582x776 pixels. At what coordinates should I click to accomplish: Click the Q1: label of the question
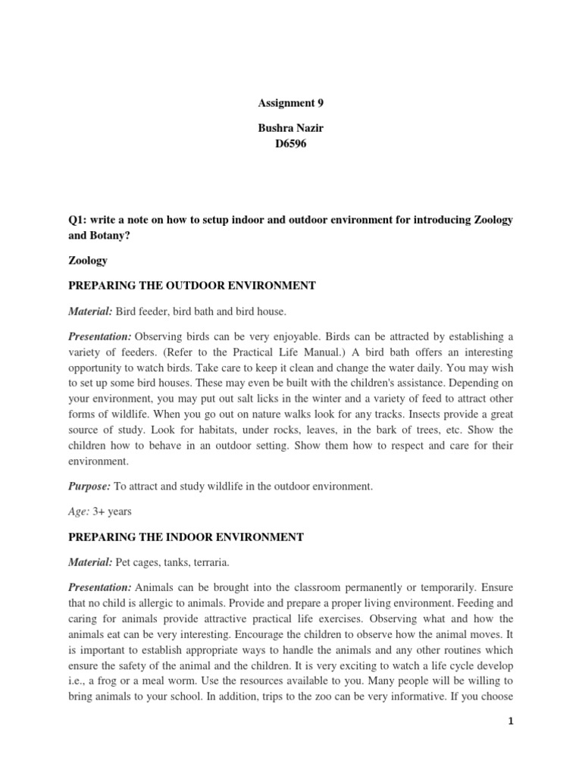point(78,220)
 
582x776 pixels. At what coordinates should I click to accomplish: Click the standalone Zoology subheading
point(88,261)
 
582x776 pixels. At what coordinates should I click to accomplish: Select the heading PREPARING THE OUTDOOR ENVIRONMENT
point(192,286)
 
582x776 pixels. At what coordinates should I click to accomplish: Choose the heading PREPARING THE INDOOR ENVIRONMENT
point(186,537)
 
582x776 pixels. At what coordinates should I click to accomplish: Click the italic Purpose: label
point(89,487)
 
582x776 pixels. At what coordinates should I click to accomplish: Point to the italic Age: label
point(78,512)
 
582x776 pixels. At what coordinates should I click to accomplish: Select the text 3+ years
point(112,512)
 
